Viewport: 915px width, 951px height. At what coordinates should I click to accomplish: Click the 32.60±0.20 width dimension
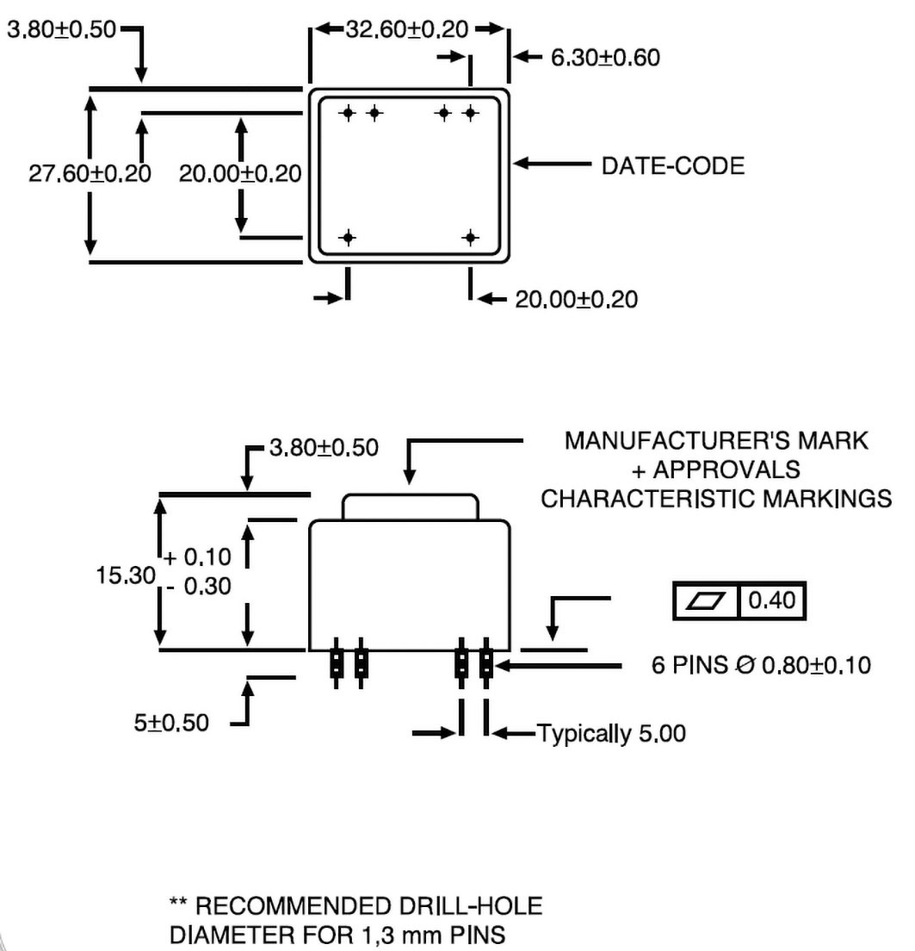tap(407, 31)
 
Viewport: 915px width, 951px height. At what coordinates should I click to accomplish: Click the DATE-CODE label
tap(672, 165)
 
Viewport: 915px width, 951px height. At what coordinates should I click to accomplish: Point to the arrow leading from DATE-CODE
tap(551, 163)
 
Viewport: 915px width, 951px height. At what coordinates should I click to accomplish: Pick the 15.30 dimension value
tap(126, 573)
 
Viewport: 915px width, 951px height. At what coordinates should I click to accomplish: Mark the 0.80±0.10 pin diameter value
tap(808, 666)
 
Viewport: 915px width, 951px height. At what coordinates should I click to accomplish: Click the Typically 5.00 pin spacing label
tap(612, 735)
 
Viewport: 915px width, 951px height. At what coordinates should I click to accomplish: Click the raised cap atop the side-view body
tap(410, 507)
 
